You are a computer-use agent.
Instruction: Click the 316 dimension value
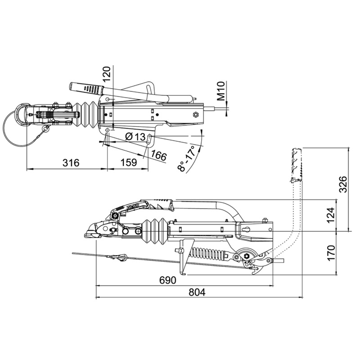(71, 162)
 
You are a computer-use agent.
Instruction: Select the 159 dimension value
(129, 162)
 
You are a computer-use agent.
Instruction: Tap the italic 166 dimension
(159, 156)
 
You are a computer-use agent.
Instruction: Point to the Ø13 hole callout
(135, 137)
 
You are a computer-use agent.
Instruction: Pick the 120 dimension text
(107, 74)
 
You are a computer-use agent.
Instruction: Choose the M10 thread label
(221, 91)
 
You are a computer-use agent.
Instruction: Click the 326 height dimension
(343, 184)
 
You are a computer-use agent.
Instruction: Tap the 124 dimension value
(331, 215)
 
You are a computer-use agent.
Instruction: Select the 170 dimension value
(331, 253)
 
